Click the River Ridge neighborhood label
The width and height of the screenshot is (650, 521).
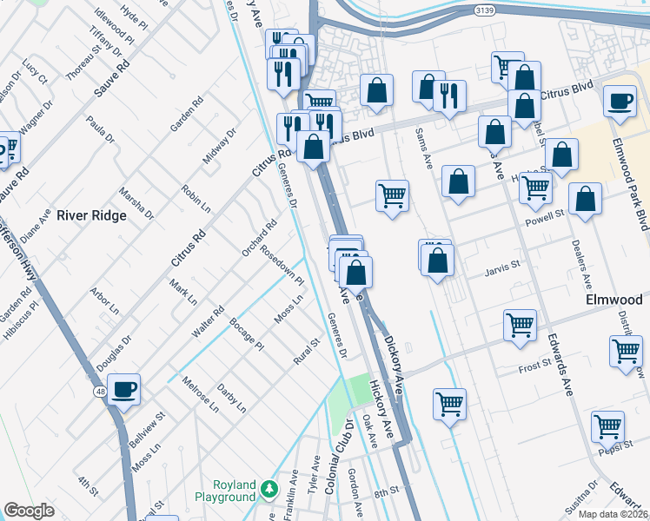[91, 215]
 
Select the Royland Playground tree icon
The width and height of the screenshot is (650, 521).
[270, 491]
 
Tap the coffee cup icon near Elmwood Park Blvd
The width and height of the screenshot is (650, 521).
[620, 102]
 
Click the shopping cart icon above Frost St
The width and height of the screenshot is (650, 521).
[520, 326]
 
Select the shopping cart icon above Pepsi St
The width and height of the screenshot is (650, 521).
[607, 426]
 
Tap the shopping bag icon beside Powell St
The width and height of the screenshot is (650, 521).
[587, 199]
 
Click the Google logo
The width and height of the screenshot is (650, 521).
[29, 511]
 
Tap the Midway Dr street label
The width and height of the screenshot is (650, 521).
[219, 146]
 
